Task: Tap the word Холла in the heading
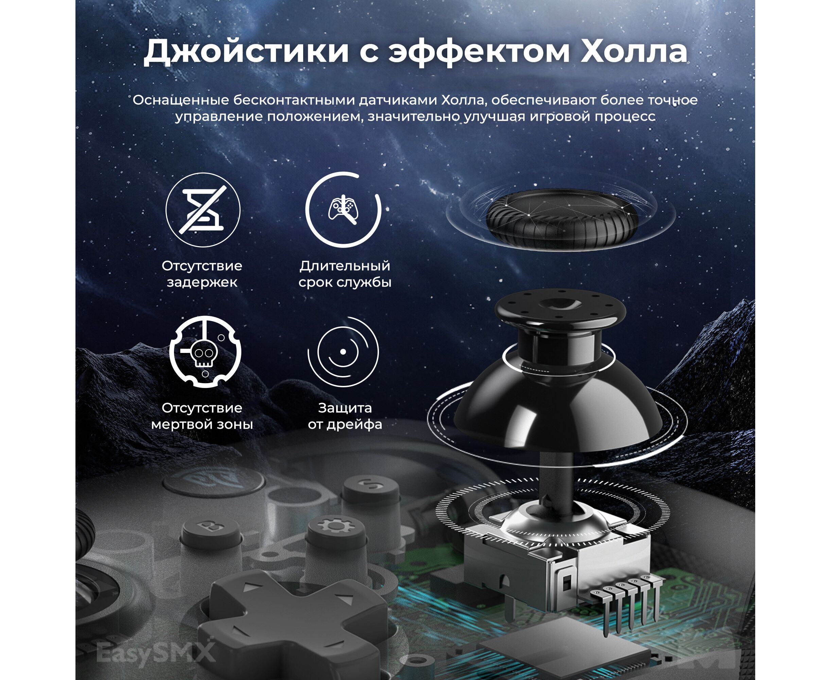tap(633, 51)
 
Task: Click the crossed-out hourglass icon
tap(203, 210)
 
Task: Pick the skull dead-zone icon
tap(205, 352)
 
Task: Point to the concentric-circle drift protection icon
tap(343, 352)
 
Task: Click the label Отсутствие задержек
tap(202, 274)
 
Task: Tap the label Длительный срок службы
tap(345, 274)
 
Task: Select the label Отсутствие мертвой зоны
tap(202, 416)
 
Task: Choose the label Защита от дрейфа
tap(345, 416)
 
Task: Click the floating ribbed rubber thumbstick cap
tap(561, 219)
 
